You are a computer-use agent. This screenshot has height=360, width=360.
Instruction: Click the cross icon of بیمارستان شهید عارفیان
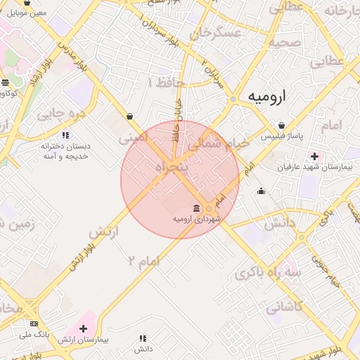click(x=314, y=156)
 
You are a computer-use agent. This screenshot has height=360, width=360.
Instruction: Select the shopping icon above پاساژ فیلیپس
click(x=282, y=125)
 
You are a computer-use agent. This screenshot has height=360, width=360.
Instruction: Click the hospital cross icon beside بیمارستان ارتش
click(x=84, y=328)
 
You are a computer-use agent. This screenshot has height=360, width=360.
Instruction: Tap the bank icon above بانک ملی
click(x=34, y=323)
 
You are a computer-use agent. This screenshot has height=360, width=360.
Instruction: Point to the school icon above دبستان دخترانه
click(x=65, y=134)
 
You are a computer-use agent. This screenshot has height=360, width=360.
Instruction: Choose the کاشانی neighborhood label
click(x=284, y=307)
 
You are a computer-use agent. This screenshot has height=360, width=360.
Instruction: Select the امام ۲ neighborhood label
click(x=143, y=260)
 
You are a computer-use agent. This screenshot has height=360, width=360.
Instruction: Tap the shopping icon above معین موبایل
click(x=27, y=3)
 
